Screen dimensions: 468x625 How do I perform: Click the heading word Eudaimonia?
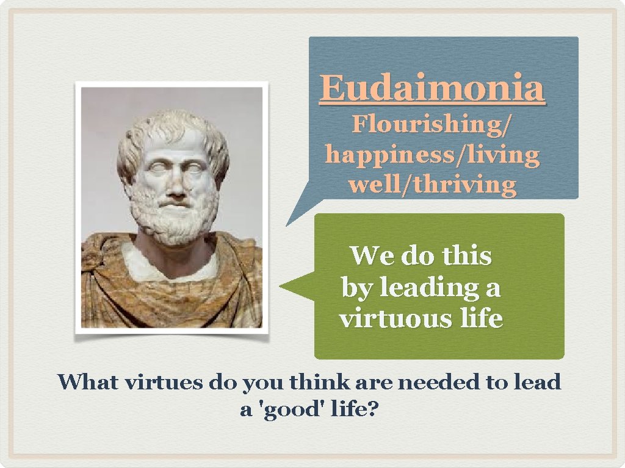[x=432, y=88]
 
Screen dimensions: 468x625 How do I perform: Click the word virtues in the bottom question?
[x=164, y=383]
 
